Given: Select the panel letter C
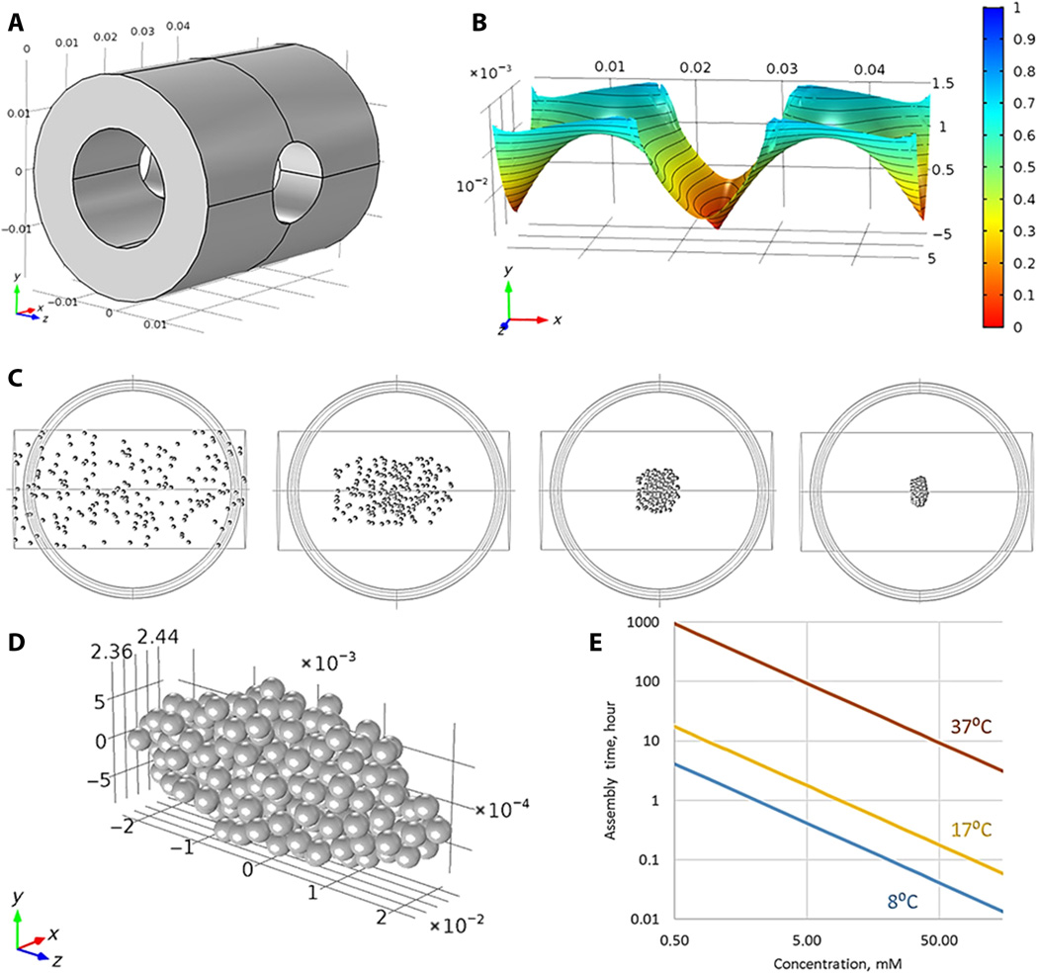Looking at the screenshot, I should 17,379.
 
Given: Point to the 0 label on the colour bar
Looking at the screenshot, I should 1010,324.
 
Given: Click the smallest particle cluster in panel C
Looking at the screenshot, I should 921,488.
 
